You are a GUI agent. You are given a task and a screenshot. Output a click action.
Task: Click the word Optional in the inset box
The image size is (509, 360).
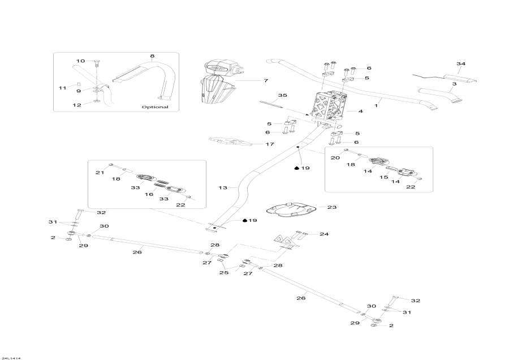[x=154, y=106]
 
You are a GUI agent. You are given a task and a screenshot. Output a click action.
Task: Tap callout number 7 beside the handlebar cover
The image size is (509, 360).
[x=265, y=81]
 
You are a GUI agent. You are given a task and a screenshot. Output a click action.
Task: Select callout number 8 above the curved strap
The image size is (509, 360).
[x=152, y=56]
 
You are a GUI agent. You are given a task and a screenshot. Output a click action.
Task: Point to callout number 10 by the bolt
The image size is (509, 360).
[x=80, y=61]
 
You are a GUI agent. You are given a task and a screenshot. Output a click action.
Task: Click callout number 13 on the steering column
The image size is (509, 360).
[x=222, y=187]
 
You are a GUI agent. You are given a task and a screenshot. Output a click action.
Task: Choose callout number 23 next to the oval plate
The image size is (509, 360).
[x=332, y=207]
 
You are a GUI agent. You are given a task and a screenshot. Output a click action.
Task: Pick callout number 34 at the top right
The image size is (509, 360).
[x=461, y=64]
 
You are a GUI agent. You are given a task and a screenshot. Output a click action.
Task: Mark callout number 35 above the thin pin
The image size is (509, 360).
[x=283, y=95]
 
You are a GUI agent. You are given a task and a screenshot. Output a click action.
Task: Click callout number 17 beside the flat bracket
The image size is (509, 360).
[x=270, y=144]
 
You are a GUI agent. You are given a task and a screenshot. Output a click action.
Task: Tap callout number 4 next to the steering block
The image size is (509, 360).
[x=360, y=112]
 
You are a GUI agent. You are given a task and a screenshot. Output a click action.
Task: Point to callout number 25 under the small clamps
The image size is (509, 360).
[x=224, y=272]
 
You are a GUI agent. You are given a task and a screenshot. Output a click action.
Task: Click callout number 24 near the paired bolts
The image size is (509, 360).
[x=324, y=234]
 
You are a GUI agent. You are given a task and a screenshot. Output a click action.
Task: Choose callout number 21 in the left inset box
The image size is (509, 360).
[x=99, y=172]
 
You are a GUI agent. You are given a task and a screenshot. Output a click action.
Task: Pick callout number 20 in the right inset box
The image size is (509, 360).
[x=335, y=158]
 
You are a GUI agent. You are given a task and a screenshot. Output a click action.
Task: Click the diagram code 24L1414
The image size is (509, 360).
[x=11, y=357]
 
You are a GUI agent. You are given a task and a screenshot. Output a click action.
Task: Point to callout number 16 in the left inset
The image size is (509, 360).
[x=150, y=194]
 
